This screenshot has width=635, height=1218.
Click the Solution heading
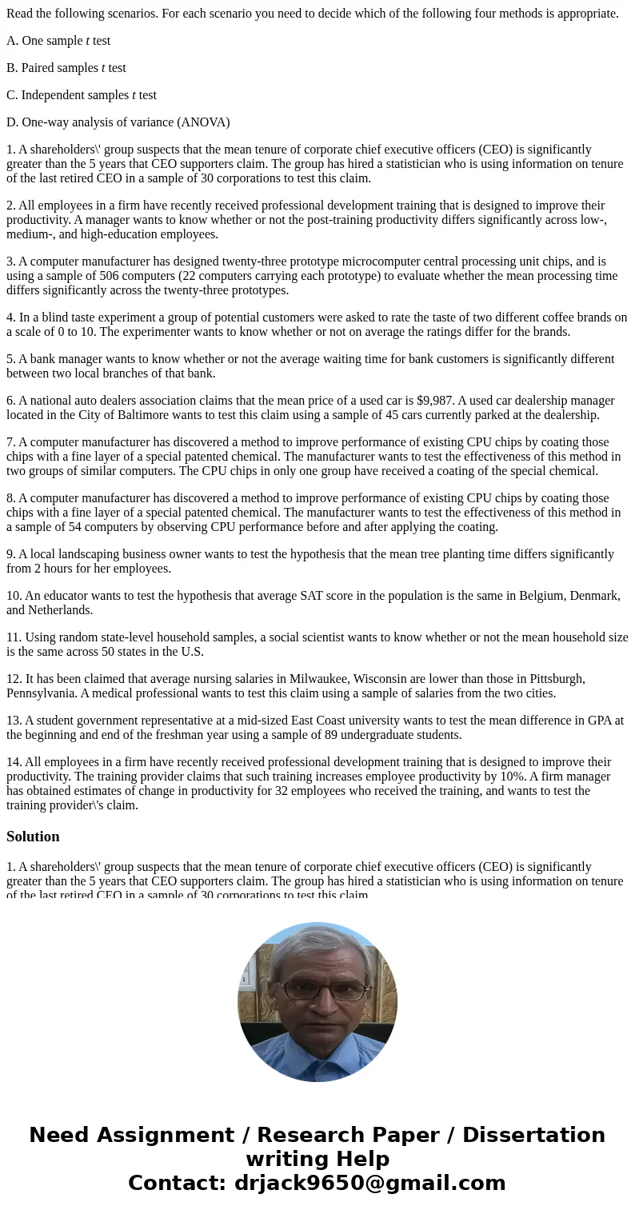pos(33,837)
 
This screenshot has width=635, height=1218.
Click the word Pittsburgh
pos(551,679)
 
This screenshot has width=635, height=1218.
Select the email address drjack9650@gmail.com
pos(369,1184)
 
